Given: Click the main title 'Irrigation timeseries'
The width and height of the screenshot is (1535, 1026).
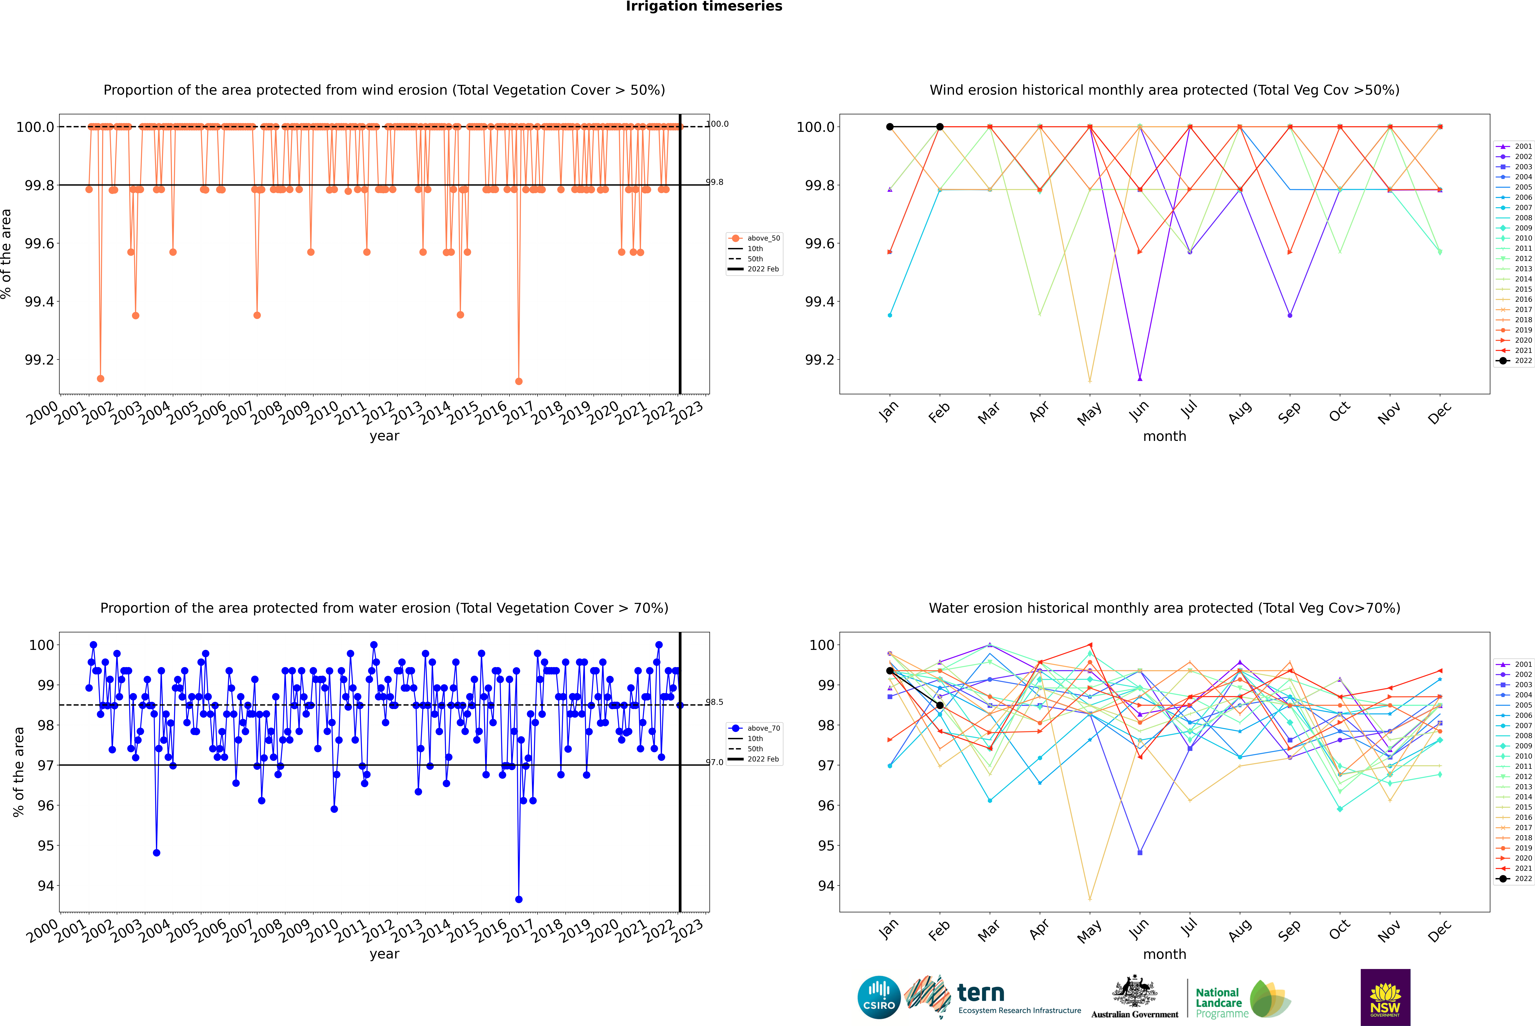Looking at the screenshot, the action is click(704, 6).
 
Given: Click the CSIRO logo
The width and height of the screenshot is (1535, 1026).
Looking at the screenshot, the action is click(879, 997).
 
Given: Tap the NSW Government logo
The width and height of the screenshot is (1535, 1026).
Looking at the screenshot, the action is click(1385, 997).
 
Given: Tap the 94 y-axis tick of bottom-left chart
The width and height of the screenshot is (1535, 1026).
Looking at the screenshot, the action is click(46, 886).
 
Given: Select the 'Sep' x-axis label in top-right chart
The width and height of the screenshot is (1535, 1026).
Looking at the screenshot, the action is click(1289, 412).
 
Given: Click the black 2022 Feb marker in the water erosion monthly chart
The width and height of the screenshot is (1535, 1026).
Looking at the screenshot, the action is click(940, 705).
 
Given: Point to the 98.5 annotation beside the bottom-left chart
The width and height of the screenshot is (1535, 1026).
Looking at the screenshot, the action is click(714, 702).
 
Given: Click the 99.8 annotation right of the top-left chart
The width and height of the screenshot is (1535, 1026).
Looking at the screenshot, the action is click(714, 182).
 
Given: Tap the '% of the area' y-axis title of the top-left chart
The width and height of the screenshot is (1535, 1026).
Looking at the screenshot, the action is click(6, 254).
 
